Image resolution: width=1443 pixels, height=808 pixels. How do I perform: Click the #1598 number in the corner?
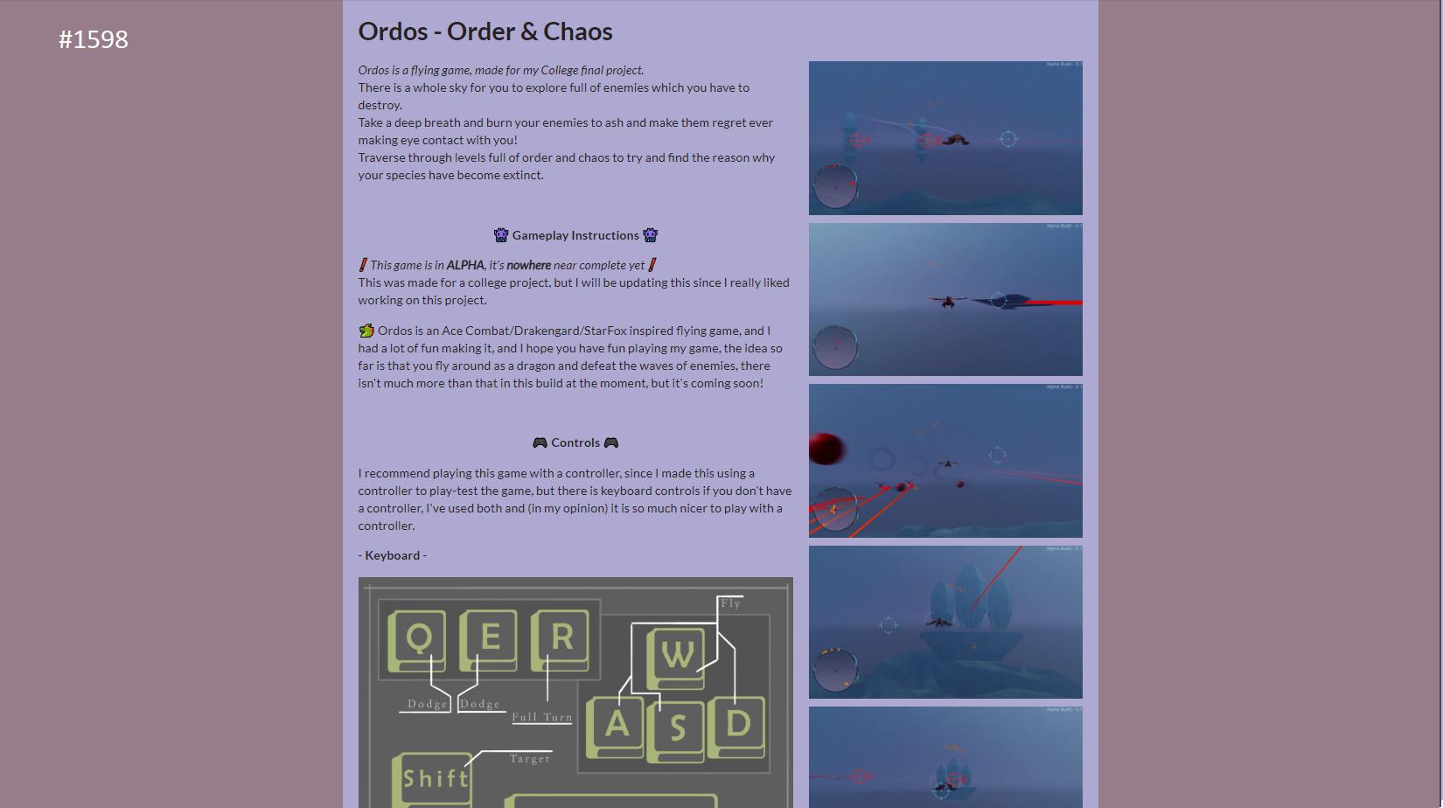point(94,39)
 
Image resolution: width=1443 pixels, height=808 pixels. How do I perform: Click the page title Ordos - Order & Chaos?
point(485,31)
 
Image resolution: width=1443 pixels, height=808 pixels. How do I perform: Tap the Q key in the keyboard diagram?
point(417,640)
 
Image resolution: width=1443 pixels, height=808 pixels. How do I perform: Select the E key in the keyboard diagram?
point(488,640)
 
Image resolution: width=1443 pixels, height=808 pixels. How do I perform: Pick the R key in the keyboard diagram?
point(560,640)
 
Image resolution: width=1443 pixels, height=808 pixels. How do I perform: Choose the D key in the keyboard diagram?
point(736,727)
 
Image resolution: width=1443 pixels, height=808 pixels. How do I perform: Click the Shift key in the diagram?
point(433,780)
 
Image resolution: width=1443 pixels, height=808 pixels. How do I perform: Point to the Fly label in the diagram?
point(730,603)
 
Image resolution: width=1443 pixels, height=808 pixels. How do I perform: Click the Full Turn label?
point(541,717)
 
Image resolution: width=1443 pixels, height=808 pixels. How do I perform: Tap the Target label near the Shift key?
point(529,758)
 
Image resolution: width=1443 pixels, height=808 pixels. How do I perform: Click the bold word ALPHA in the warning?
point(465,265)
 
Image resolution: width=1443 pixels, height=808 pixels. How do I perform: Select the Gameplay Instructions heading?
point(575,235)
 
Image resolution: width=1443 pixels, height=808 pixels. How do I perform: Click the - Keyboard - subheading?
point(393,555)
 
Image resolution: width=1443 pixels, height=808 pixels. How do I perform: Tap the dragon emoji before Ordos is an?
point(366,331)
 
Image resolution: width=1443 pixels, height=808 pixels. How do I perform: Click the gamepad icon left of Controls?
point(540,442)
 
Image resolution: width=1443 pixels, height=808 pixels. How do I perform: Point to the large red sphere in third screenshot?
point(826,449)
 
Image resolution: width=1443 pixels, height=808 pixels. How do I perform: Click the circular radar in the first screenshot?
point(835,187)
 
